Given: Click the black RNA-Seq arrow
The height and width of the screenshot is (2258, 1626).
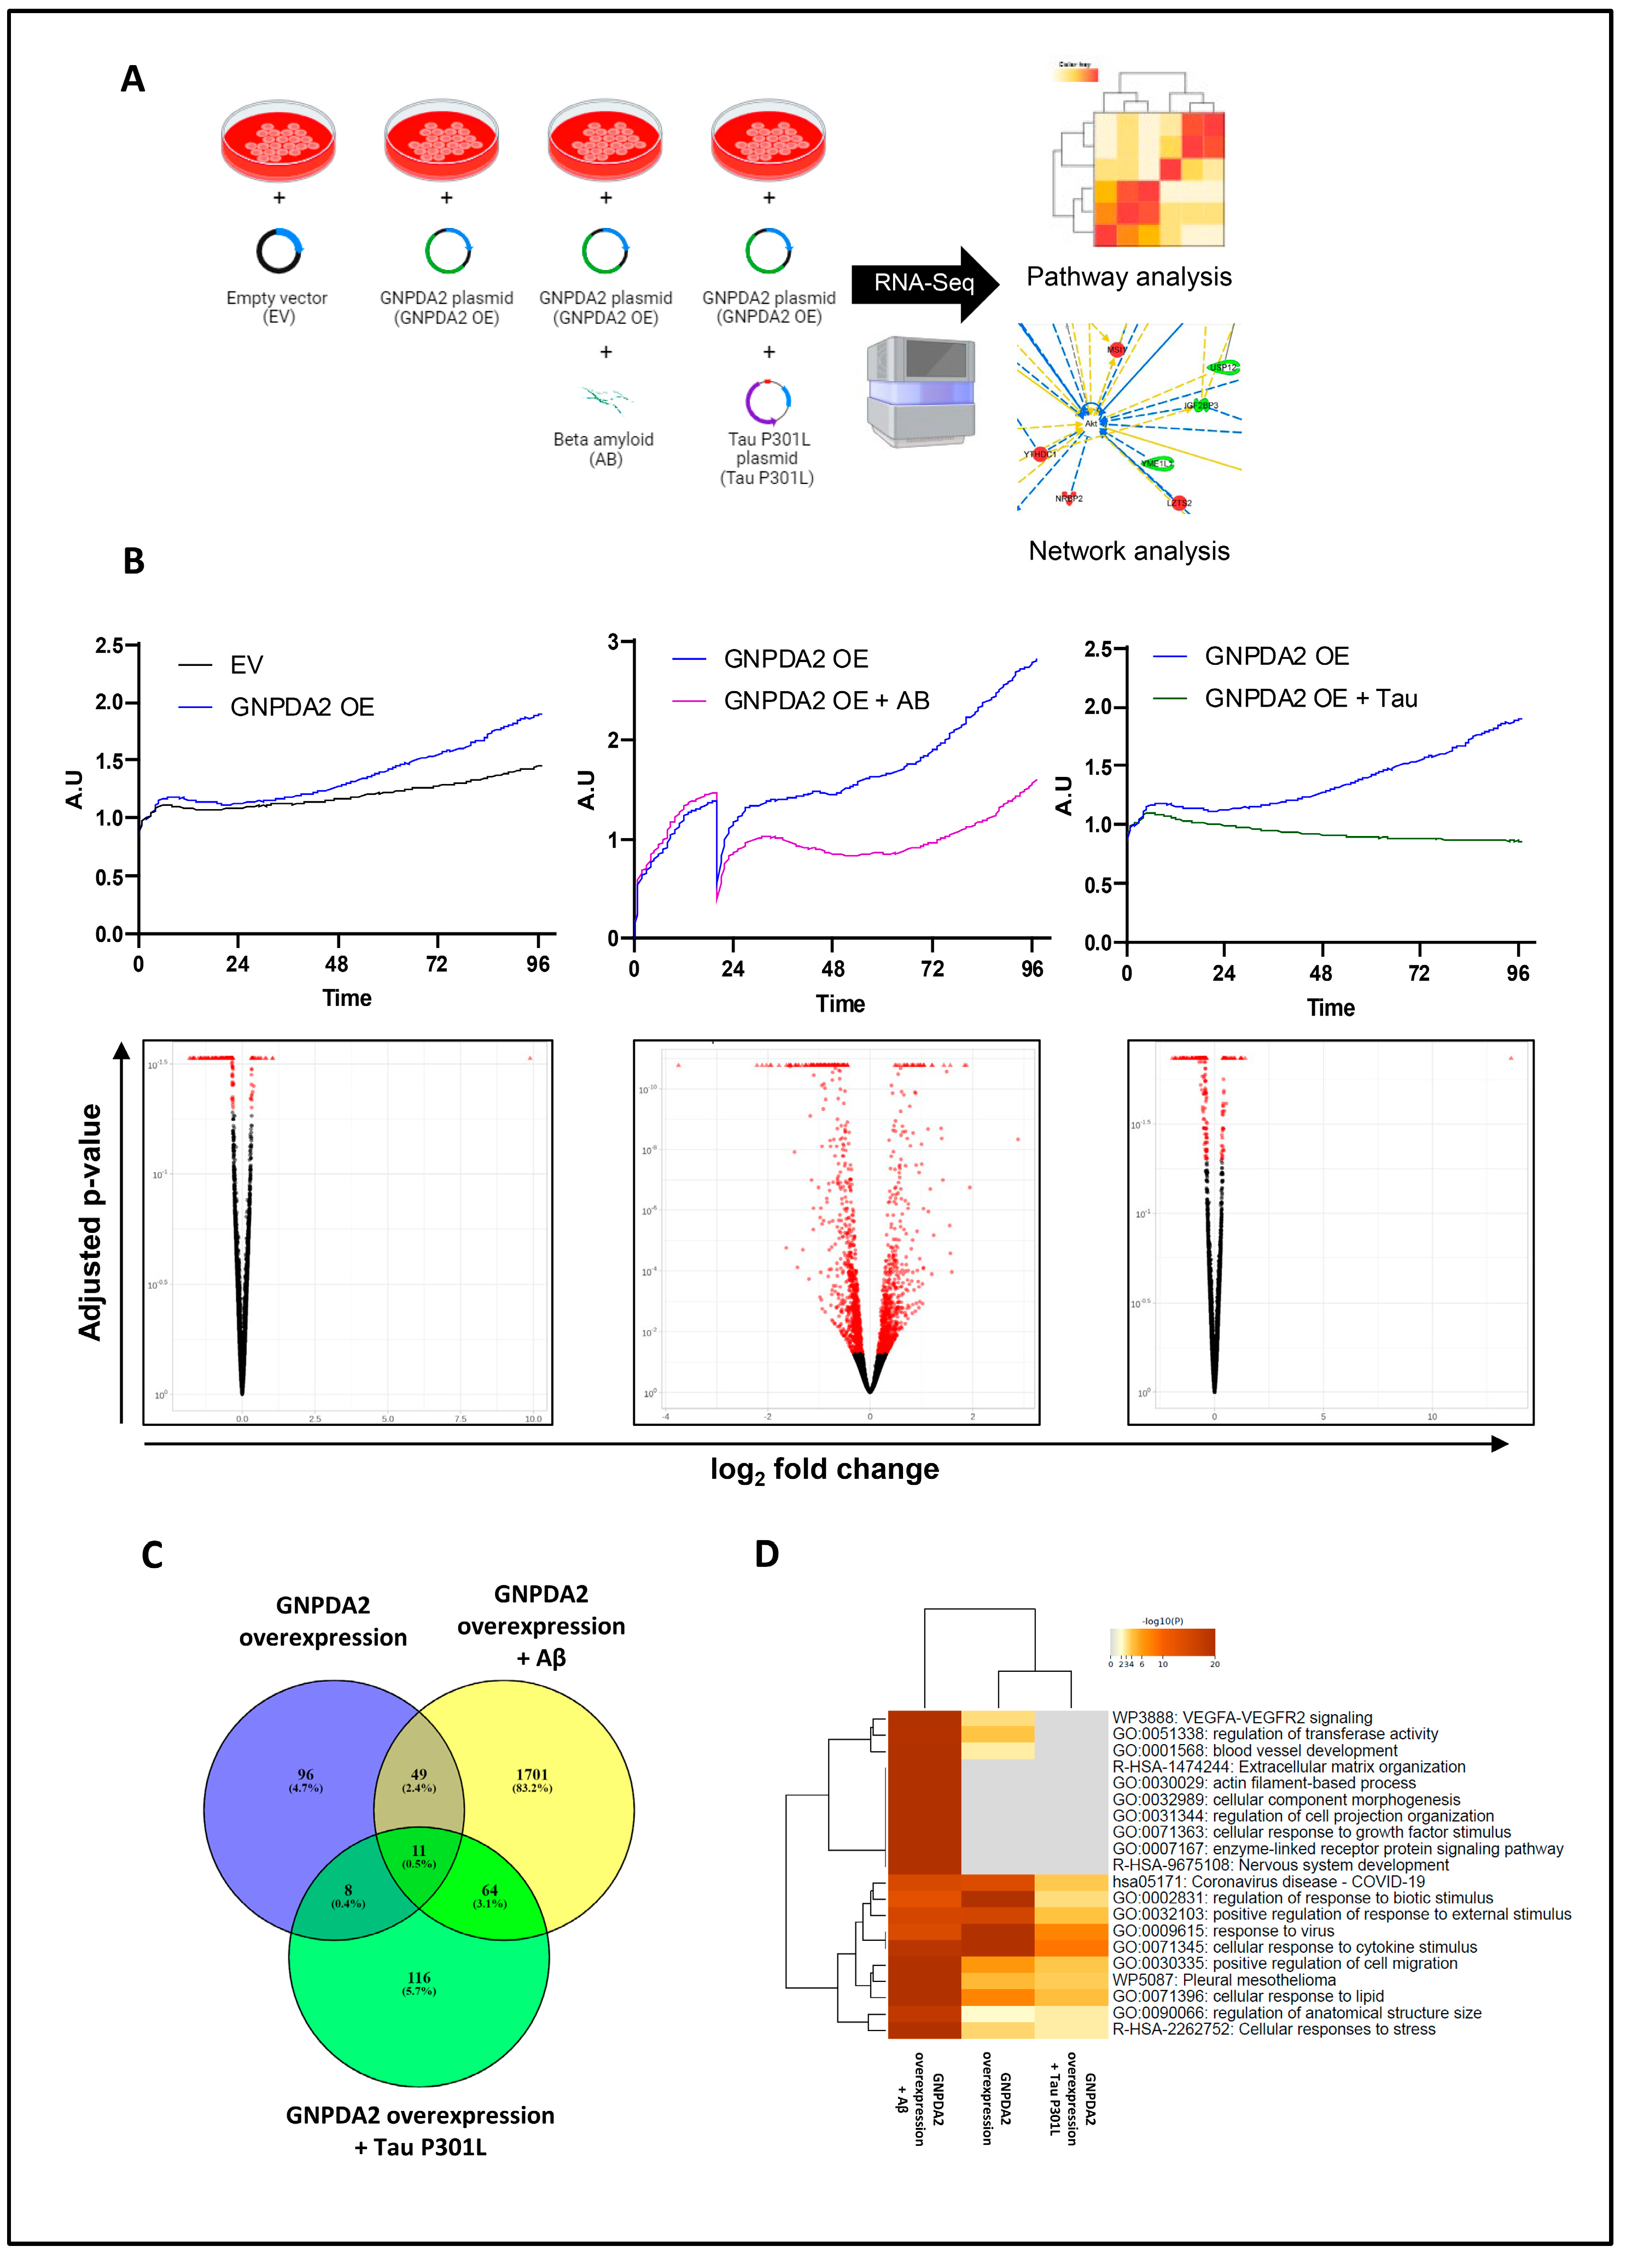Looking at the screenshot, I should [x=923, y=284].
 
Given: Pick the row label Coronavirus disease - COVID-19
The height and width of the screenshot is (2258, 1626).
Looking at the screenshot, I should [x=1268, y=1882].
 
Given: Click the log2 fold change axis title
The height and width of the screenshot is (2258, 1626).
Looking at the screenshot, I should [x=824, y=1470].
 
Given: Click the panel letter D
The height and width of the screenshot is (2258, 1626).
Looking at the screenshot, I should [x=767, y=1554].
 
